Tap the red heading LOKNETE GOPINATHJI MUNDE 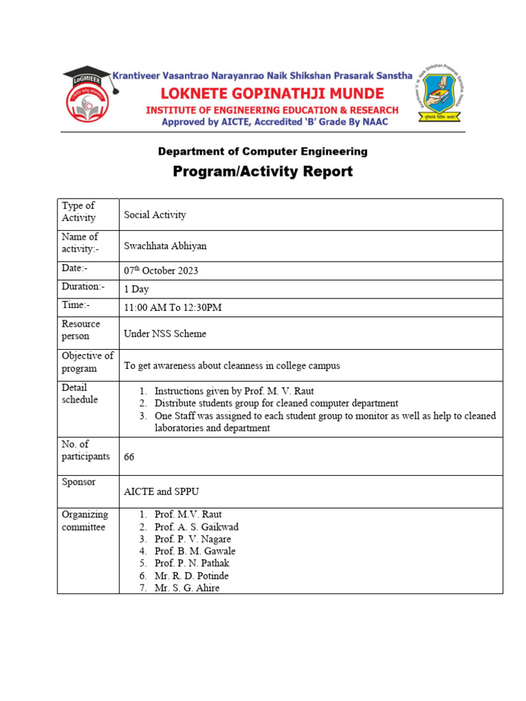(x=271, y=93)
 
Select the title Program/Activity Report (x=262, y=171)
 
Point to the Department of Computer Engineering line (x=262, y=151)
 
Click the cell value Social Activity (x=155, y=215)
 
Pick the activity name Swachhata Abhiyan (x=164, y=246)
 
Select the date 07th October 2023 (x=161, y=270)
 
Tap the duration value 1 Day (x=136, y=290)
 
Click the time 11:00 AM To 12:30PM (x=173, y=308)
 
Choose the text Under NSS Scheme (x=165, y=334)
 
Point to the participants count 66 (x=129, y=457)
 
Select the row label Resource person (x=81, y=330)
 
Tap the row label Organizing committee (x=85, y=521)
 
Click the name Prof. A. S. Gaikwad (x=196, y=527)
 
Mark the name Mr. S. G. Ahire (x=187, y=588)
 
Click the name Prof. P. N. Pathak (x=192, y=563)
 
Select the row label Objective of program (x=87, y=362)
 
